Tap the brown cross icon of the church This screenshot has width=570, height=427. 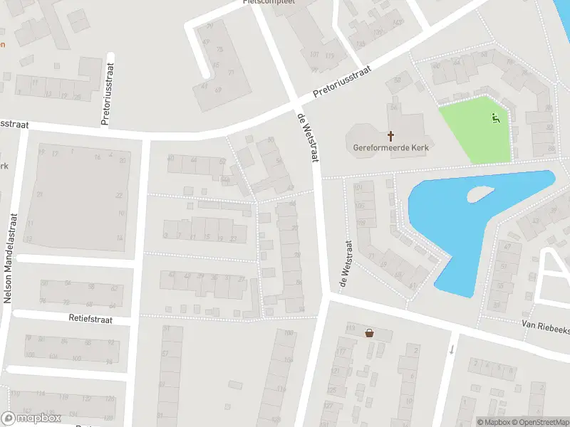pos(390,135)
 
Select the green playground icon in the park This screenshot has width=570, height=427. pos(496,118)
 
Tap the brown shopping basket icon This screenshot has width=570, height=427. pos(369,332)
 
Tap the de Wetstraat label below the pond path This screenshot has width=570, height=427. pos(346,262)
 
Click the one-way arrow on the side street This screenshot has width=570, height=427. pos(452,349)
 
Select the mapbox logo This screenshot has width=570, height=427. pos(31,418)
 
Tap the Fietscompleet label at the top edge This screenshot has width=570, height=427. pos(269,2)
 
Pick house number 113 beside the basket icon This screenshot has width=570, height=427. pos(351,327)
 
